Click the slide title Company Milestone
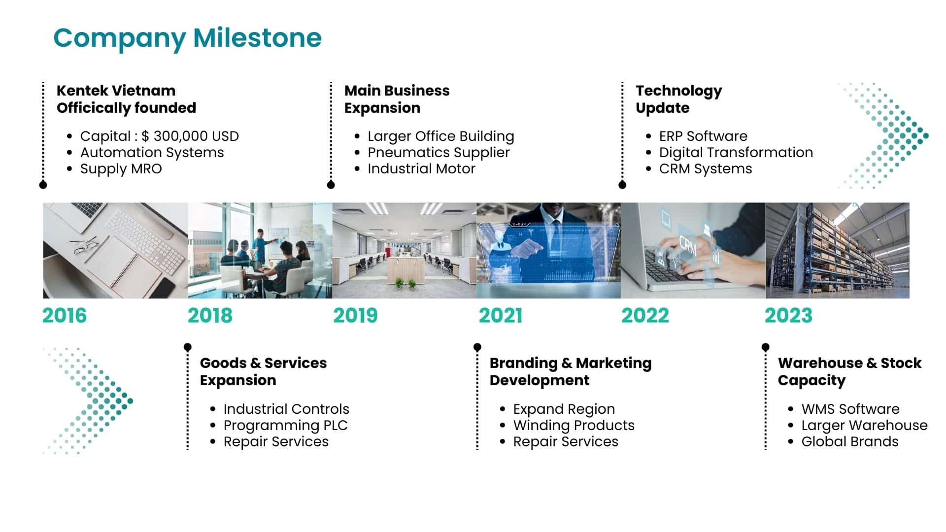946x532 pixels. tap(187, 38)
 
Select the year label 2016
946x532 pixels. tap(65, 316)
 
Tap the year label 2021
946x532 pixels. tap(501, 316)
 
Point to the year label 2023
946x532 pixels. tap(788, 316)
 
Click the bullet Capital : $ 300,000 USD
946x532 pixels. tap(160, 136)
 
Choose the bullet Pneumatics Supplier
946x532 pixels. tap(439, 153)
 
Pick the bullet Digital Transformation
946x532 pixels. tap(736, 153)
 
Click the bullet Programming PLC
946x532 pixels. tap(286, 426)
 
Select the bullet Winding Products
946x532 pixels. tap(574, 425)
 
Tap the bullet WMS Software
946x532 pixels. tap(850, 409)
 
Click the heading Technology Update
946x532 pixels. tap(679, 100)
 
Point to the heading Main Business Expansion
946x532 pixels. tap(397, 99)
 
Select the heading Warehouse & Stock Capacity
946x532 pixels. tap(849, 372)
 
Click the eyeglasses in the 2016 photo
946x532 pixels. tap(85, 245)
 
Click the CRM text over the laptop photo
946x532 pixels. tap(688, 245)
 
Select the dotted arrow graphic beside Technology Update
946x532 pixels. tap(883, 135)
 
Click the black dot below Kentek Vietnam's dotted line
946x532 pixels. tap(43, 185)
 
